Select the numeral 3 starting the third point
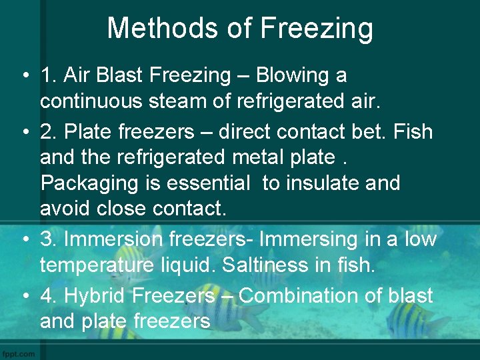(47, 239)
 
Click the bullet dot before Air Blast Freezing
(23, 76)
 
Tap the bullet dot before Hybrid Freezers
(23, 296)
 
